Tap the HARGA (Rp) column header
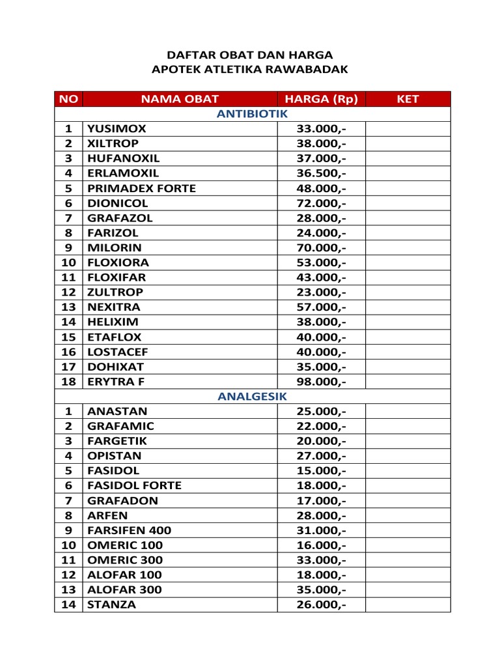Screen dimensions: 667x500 coord(321,99)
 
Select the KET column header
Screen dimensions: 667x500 coord(408,99)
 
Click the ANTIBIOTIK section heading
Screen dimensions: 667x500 coord(252,114)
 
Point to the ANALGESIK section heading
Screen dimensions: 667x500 coord(252,396)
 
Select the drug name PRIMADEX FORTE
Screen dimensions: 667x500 coord(141,188)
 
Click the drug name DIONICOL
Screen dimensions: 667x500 coord(118,203)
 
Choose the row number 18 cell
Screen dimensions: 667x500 coord(68,381)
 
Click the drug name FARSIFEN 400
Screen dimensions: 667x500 coord(129,530)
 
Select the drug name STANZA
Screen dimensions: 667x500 coord(112,605)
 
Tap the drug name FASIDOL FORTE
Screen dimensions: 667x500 coord(134,485)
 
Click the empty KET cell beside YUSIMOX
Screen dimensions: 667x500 coord(408,129)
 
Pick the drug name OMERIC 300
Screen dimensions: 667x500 coord(125,560)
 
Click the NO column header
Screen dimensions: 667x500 coord(68,99)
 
